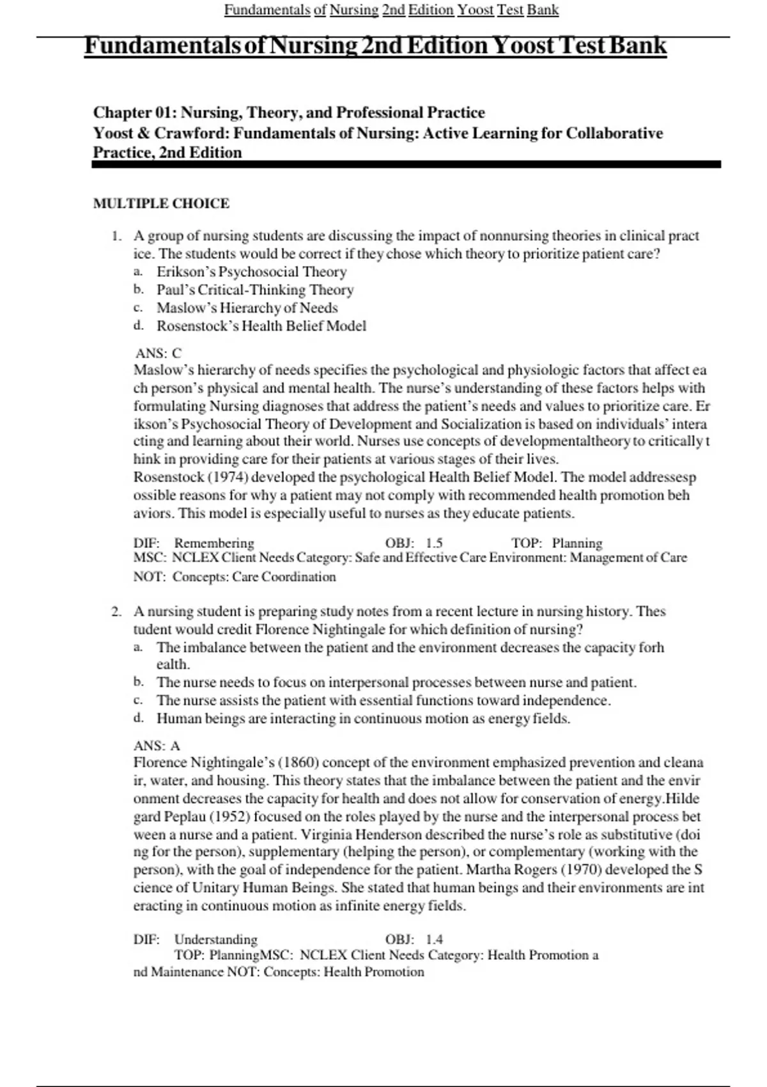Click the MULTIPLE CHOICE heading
tap(161, 203)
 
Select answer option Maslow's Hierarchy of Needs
tap(247, 308)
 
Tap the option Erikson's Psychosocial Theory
tap(251, 272)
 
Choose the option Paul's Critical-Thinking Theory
tap(255, 290)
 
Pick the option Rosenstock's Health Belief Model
tap(261, 326)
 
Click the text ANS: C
tap(158, 353)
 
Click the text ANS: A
tap(157, 746)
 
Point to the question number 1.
tap(116, 236)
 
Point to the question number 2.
tap(116, 611)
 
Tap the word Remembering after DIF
tap(213, 543)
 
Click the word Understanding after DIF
tap(215, 939)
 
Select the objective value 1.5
tap(434, 543)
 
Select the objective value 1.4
tap(434, 939)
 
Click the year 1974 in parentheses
tap(223, 477)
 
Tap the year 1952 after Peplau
tap(223, 817)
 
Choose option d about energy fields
tap(363, 719)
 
